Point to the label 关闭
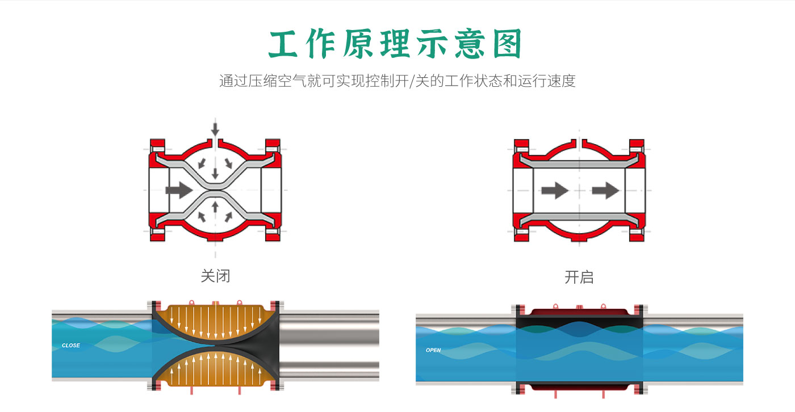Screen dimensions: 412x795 pyautogui.click(x=215, y=276)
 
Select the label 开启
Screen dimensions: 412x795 pyautogui.click(x=579, y=278)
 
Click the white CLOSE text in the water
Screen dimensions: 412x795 pyautogui.click(x=71, y=346)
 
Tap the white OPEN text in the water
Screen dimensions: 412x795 pyautogui.click(x=433, y=350)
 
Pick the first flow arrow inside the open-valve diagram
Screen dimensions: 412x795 pyautogui.click(x=554, y=190)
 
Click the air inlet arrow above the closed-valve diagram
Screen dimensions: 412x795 pyautogui.click(x=215, y=128)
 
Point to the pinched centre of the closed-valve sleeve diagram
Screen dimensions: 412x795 pyautogui.click(x=215, y=190)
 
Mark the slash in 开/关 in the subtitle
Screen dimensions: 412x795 pyautogui.click(x=412, y=81)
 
